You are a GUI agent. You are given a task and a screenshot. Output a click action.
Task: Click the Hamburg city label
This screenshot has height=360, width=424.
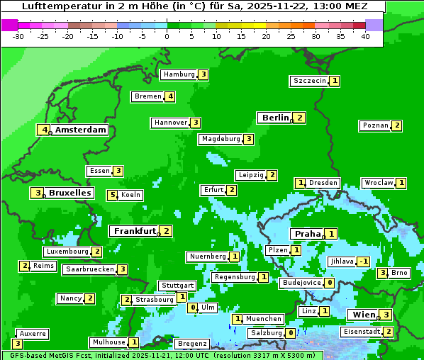click(178, 74)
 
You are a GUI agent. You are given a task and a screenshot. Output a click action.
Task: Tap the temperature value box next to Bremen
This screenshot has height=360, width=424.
click(170, 96)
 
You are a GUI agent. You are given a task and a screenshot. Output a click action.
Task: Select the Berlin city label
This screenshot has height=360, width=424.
click(275, 118)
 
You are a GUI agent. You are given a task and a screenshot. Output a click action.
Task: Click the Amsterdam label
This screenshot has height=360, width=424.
click(81, 130)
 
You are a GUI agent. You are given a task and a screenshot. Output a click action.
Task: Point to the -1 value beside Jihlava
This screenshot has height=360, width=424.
click(364, 261)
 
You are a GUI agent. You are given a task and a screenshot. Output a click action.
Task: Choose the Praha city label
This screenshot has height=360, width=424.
click(308, 234)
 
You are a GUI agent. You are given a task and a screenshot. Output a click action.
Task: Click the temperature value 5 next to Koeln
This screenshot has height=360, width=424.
click(112, 195)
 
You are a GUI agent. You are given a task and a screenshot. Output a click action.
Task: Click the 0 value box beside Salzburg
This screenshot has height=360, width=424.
click(291, 333)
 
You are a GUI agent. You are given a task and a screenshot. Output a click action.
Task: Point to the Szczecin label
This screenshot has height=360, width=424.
click(310, 81)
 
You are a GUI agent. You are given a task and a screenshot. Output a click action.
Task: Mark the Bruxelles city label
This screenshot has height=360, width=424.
click(69, 193)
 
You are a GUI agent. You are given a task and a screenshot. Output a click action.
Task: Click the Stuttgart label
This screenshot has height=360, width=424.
click(177, 286)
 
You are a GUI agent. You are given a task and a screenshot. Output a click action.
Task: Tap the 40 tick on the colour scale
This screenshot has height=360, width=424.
click(365, 36)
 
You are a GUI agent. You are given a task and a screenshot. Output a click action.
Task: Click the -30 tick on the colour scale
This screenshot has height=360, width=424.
click(18, 36)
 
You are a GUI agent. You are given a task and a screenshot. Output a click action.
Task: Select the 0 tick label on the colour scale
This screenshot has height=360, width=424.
click(167, 36)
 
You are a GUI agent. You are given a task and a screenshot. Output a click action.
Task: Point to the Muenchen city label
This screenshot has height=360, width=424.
click(264, 319)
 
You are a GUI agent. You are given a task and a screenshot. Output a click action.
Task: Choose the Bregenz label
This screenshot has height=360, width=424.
click(191, 344)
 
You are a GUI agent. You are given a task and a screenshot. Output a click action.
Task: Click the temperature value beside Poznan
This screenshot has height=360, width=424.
click(397, 125)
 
